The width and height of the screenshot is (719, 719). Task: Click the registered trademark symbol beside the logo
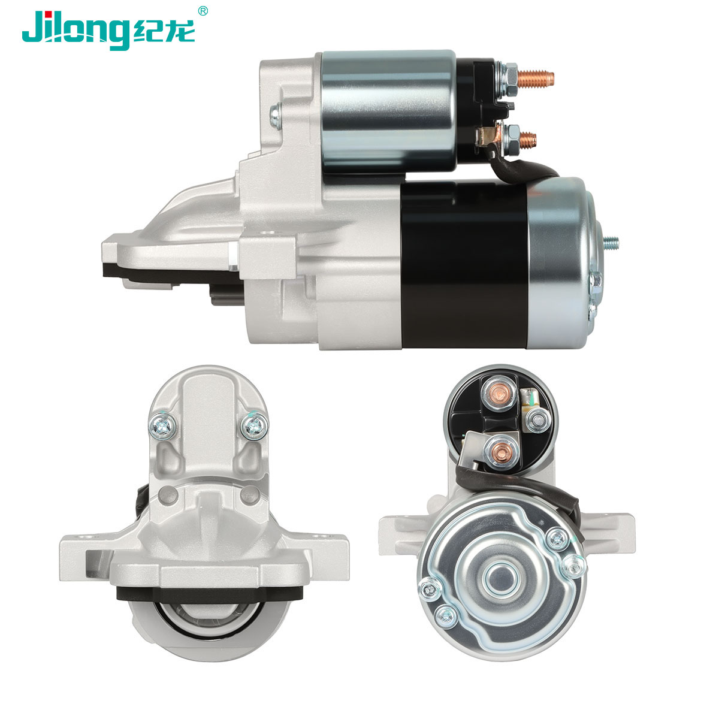[203, 11]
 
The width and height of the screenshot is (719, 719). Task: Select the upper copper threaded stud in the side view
[536, 78]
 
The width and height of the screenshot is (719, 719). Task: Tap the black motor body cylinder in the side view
[464, 265]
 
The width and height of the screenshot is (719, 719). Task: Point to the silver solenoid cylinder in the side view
[388, 111]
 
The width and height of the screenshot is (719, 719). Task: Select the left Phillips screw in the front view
[163, 426]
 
